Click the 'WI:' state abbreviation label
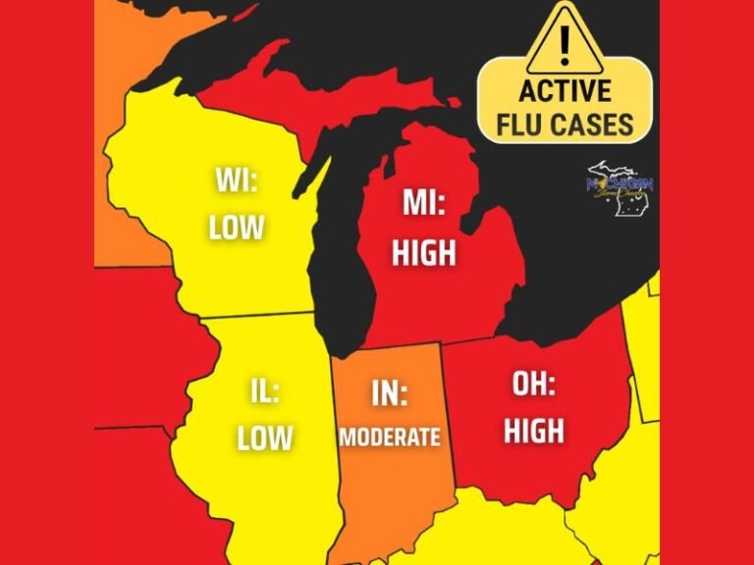point(237,181)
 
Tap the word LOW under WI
point(237,228)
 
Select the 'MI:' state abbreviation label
point(424,204)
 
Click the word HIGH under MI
point(424,252)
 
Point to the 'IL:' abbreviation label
point(264,393)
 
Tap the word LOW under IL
point(264,437)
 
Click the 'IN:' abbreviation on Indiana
point(390,393)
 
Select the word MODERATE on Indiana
point(390,437)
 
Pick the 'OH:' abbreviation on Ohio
point(534,384)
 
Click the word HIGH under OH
point(534,430)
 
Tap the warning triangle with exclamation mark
point(564,39)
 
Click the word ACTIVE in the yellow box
point(565,92)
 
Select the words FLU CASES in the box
point(565,126)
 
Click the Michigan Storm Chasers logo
point(619,187)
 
